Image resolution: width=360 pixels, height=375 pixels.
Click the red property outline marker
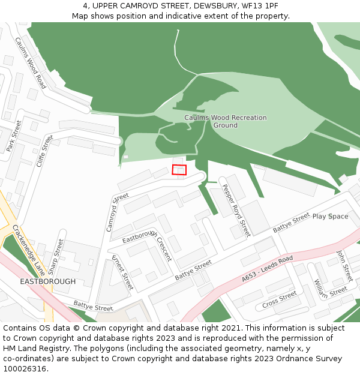(179, 170)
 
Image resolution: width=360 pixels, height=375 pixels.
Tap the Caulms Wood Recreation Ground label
(225, 121)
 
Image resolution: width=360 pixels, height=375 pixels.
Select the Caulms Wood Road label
(31, 63)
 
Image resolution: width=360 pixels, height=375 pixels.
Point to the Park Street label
(14, 136)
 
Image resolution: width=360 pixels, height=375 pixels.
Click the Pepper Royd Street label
(236, 210)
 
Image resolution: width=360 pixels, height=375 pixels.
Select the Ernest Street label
(122, 272)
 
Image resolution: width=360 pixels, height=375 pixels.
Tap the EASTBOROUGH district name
(48, 281)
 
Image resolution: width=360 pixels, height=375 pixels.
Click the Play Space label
(330, 216)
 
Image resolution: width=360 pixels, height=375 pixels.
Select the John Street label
(344, 265)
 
